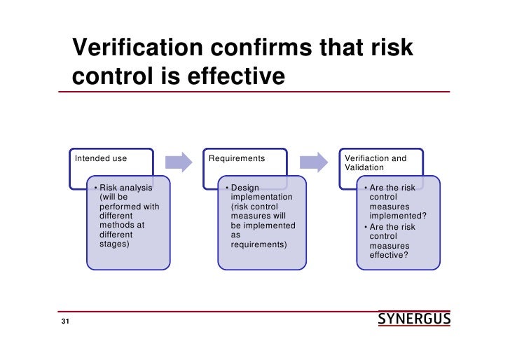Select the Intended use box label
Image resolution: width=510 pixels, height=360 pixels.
tap(101, 158)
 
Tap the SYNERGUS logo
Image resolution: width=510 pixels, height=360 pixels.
tap(414, 320)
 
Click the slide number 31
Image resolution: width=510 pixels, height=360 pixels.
tap(65, 322)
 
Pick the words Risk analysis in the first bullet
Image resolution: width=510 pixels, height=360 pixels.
tap(126, 188)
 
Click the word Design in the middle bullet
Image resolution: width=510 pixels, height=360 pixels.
tap(245, 188)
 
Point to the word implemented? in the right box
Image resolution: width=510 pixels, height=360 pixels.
tap(398, 217)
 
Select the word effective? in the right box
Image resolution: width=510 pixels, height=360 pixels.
tap(390, 256)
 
